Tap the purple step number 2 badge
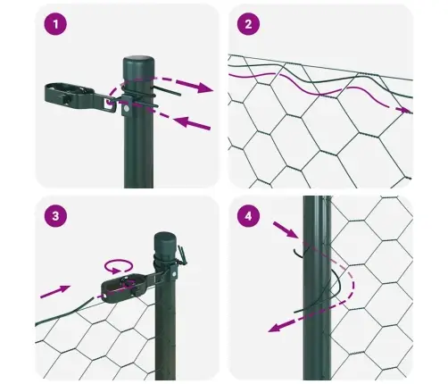click(x=249, y=24)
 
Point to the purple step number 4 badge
click(x=249, y=216)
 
